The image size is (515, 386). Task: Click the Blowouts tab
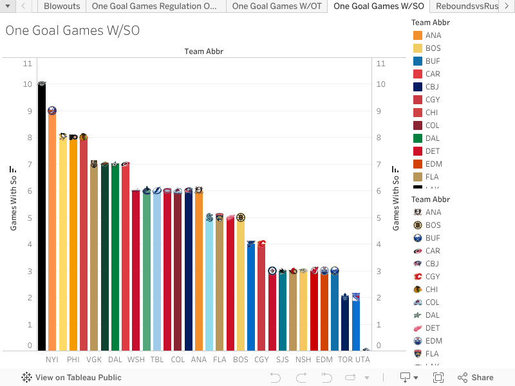pos(62,6)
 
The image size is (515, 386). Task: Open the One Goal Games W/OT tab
pos(276,6)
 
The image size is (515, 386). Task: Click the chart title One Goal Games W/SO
pos(72,31)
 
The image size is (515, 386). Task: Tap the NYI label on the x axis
pos(52,360)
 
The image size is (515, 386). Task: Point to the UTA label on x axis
pos(364,360)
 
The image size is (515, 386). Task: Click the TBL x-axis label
pos(157,360)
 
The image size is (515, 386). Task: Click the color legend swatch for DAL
pos(418,138)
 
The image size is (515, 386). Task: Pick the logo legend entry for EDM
pos(433,341)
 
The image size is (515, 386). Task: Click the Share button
pos(476,378)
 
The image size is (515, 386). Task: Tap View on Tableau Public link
pos(71,378)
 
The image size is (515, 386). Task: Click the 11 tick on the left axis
pos(27,64)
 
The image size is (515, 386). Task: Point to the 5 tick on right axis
pos(380,218)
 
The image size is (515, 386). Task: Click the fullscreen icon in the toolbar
pos(438,378)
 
